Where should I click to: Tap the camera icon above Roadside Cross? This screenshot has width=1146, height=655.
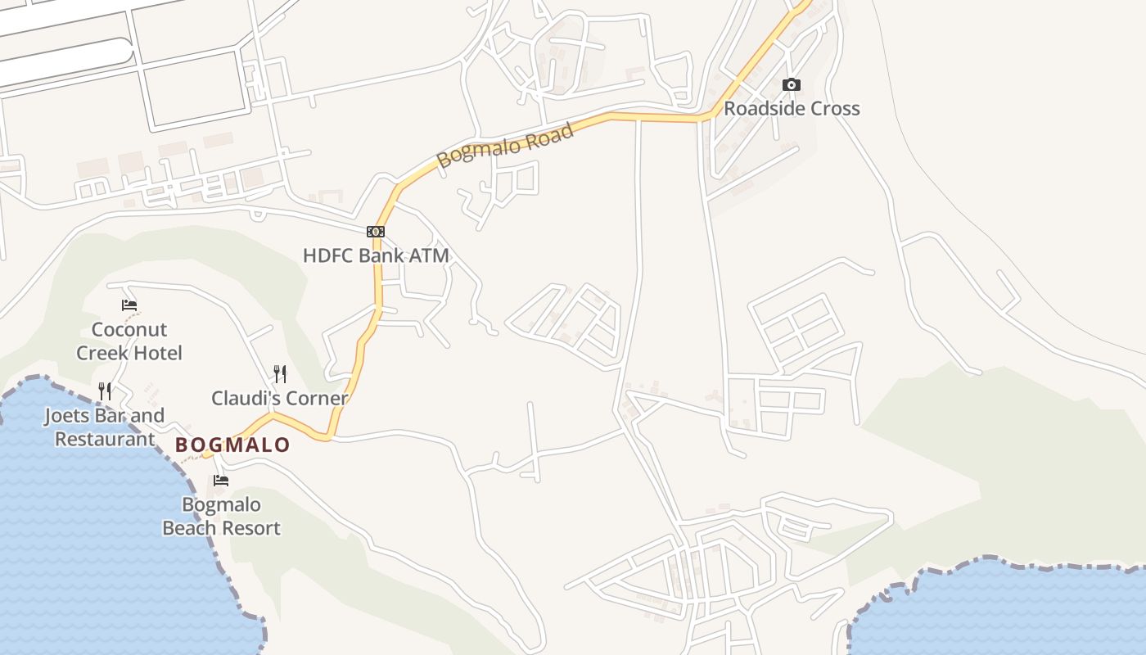coord(792,85)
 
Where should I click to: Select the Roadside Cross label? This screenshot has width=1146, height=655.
coord(792,109)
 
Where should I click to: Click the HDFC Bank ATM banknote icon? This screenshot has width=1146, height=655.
coord(376,232)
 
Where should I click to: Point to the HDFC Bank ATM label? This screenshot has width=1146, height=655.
coord(376,255)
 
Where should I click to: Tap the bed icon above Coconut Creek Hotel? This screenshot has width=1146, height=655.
coord(129,305)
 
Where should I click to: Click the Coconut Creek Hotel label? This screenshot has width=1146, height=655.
coord(129,341)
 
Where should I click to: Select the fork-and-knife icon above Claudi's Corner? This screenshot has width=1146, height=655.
coord(280,374)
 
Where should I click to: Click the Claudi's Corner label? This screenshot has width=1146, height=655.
coord(280,399)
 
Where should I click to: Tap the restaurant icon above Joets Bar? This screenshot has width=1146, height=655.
coord(105,391)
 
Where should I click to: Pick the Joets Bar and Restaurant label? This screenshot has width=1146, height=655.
coord(105,427)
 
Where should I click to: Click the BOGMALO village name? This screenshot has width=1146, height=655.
coord(233,445)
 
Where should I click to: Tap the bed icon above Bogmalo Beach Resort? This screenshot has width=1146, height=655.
coord(221,481)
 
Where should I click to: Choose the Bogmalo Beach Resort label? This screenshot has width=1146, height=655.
coord(221,517)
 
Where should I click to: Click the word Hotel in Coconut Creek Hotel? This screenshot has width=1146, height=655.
coord(156,353)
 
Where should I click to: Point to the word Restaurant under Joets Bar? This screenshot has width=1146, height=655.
coord(105,439)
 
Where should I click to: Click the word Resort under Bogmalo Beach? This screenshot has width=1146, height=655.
coord(250,528)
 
